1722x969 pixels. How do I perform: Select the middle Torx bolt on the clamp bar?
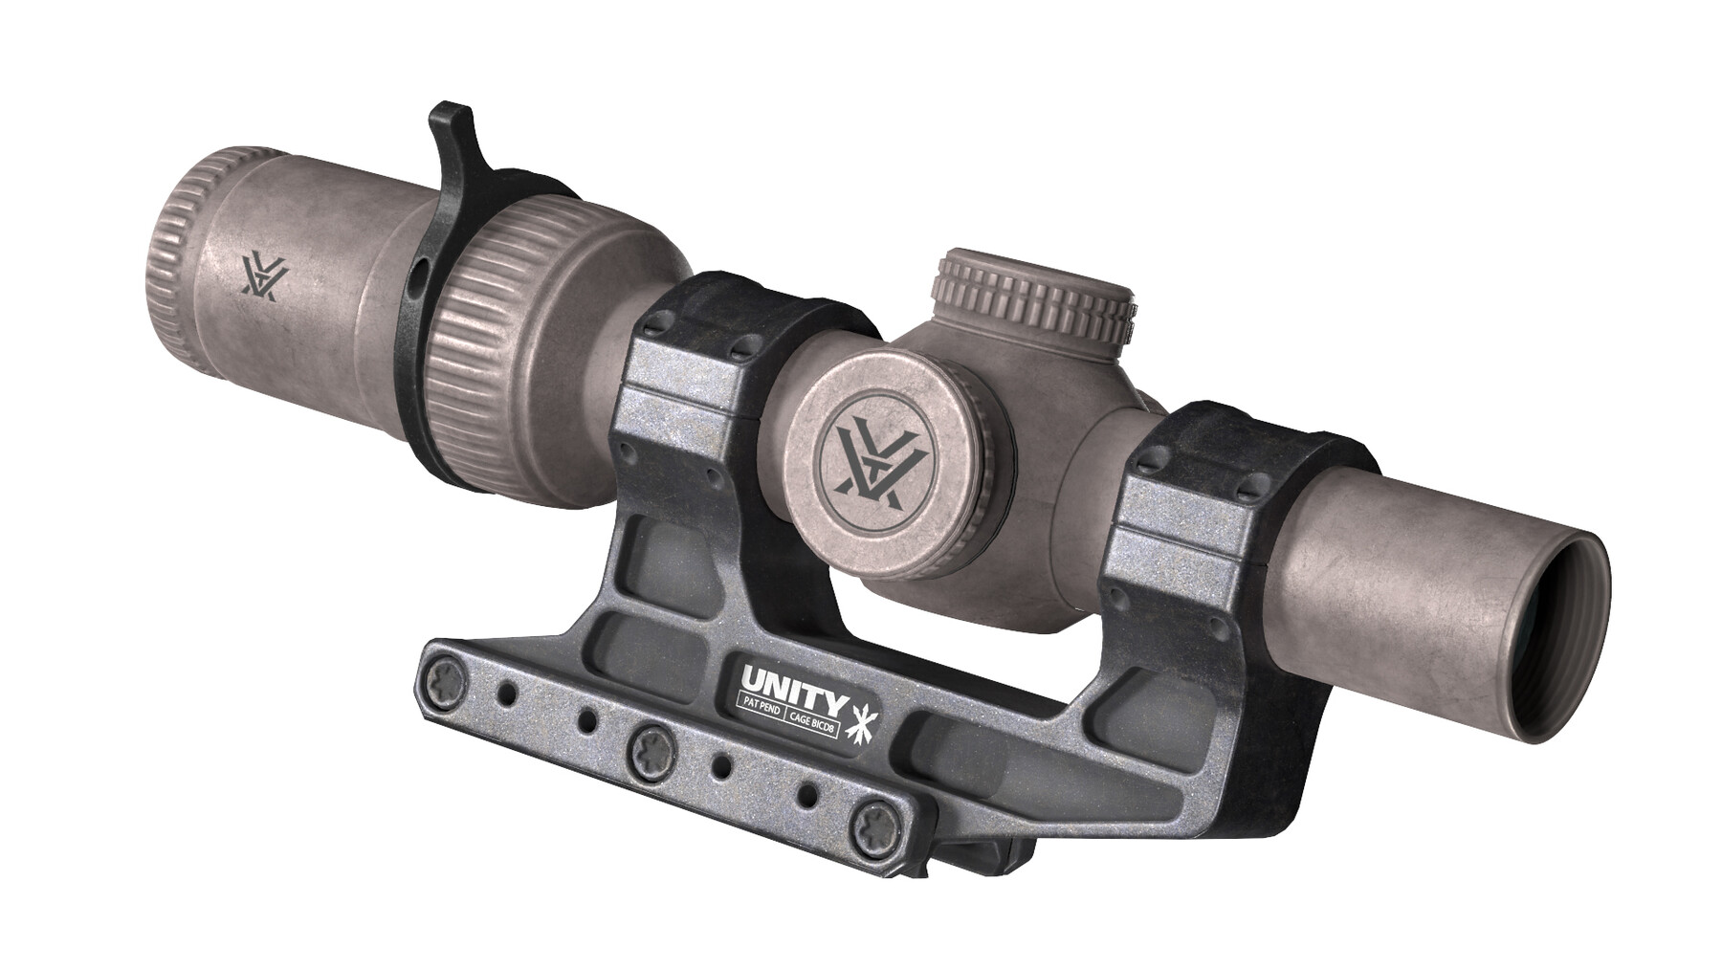pos(648,745)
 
